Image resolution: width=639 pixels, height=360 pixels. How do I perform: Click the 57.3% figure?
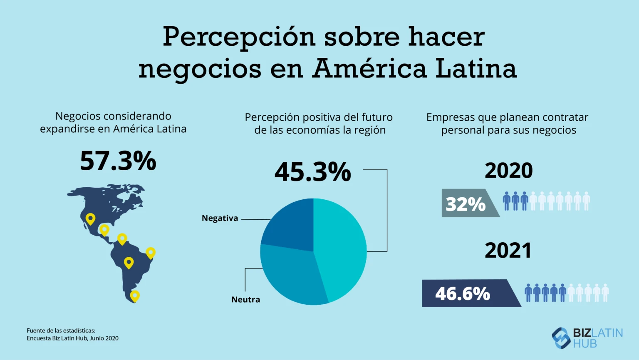[118, 161]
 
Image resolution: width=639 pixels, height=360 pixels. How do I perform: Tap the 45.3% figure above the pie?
[312, 171]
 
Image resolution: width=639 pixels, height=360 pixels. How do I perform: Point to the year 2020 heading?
[508, 171]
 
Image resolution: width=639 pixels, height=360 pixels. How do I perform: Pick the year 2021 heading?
[508, 251]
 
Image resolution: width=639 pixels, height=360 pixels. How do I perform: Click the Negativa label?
[220, 218]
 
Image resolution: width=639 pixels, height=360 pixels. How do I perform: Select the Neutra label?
[245, 300]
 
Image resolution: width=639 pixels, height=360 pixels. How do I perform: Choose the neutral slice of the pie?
[291, 275]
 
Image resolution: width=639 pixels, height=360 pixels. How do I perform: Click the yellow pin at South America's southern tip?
[134, 295]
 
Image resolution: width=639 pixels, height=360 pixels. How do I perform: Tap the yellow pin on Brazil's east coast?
[151, 252]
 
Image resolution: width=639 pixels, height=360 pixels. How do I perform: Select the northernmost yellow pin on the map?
[90, 218]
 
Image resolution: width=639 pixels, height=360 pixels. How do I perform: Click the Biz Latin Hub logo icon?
[561, 338]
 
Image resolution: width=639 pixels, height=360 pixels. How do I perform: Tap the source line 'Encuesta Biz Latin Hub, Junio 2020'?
[72, 338]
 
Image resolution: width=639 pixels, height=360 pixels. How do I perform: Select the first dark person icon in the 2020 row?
[506, 201]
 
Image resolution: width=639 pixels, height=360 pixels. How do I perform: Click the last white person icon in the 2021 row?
[605, 293]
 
